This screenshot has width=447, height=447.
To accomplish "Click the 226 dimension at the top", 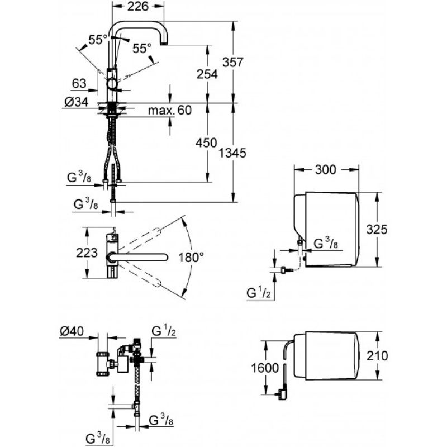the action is [138, 6].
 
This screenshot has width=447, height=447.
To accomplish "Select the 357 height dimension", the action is [233, 62].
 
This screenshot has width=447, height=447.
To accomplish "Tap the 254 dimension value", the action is [207, 74].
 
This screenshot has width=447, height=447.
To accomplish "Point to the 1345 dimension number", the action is [232, 153].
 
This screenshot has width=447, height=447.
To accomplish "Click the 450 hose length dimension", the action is [206, 143].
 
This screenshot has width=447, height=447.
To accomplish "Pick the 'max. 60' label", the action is [170, 110].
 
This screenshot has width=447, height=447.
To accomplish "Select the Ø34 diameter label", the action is [77, 102].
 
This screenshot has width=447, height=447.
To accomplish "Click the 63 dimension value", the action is [79, 83].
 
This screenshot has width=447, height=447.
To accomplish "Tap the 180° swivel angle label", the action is [191, 258].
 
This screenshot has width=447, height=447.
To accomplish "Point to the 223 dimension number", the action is [87, 253].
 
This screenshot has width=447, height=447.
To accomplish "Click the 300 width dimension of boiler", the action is [326, 170].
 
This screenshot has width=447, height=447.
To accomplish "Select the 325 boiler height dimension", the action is [377, 229].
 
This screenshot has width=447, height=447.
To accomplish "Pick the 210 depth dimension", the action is [377, 356].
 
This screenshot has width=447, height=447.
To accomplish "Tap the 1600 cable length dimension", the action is [265, 368].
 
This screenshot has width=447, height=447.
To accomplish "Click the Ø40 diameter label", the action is [72, 331].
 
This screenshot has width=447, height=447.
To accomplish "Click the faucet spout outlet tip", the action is [164, 44].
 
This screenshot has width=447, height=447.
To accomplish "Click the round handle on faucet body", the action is [112, 85].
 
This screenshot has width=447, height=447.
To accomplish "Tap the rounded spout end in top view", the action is [164, 258].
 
